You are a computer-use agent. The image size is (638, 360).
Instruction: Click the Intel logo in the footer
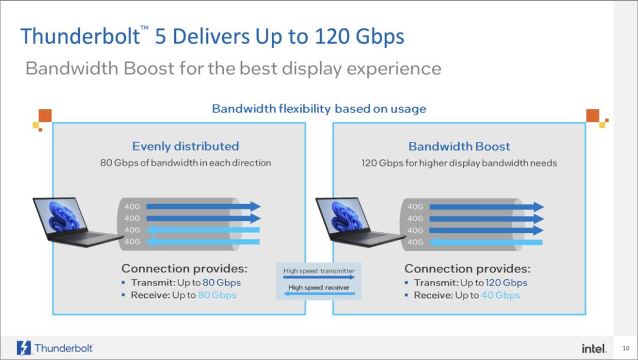(594, 348)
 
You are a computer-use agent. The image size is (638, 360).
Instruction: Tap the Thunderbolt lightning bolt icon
(24, 348)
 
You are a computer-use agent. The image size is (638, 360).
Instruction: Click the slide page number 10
(626, 348)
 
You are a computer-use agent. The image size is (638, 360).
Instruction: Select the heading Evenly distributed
(185, 146)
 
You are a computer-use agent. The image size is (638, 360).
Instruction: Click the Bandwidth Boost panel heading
(459, 146)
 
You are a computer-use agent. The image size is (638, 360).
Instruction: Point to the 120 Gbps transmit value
(506, 283)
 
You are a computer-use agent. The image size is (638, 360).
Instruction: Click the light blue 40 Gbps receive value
(500, 295)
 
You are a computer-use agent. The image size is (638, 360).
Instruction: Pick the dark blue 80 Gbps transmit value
(222, 283)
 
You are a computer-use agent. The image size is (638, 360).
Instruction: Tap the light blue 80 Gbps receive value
(217, 295)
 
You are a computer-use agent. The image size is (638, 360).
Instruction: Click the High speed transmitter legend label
(319, 271)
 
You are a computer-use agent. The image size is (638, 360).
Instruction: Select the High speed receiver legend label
(319, 287)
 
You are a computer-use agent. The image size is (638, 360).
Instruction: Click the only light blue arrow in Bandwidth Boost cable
(486, 242)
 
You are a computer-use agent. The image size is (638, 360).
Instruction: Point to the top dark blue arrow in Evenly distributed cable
(203, 206)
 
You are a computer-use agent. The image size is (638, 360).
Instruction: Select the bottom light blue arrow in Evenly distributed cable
(203, 242)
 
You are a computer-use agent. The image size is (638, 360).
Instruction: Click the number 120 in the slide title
(331, 36)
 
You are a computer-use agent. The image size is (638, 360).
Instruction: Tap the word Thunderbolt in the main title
(80, 36)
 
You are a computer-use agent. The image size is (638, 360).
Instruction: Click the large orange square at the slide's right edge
(593, 116)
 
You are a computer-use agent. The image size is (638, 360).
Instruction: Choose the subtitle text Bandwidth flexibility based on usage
(319, 109)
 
